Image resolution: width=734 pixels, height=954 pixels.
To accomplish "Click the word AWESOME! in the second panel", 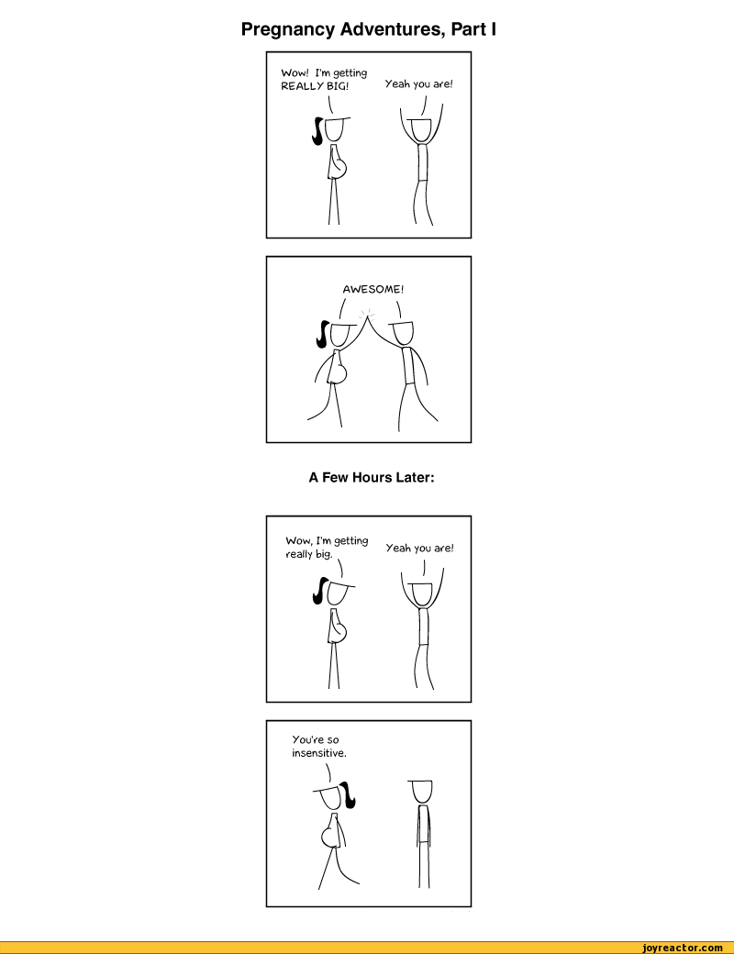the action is coord(373,290).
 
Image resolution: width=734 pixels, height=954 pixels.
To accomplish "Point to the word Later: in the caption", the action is coord(415,478).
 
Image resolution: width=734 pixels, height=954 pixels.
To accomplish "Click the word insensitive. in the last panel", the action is coord(319,753).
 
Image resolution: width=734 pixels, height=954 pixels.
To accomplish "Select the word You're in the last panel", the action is coord(307,740).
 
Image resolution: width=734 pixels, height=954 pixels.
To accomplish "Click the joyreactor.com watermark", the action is coord(683,948).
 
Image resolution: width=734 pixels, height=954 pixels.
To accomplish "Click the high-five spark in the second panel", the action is coord(366,314).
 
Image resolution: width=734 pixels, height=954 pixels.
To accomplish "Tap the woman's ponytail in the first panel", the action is coord(317,131).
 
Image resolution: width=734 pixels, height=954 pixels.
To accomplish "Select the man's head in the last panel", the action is coord(421,792).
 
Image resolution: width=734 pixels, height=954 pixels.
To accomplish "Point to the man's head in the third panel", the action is coord(421,593).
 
